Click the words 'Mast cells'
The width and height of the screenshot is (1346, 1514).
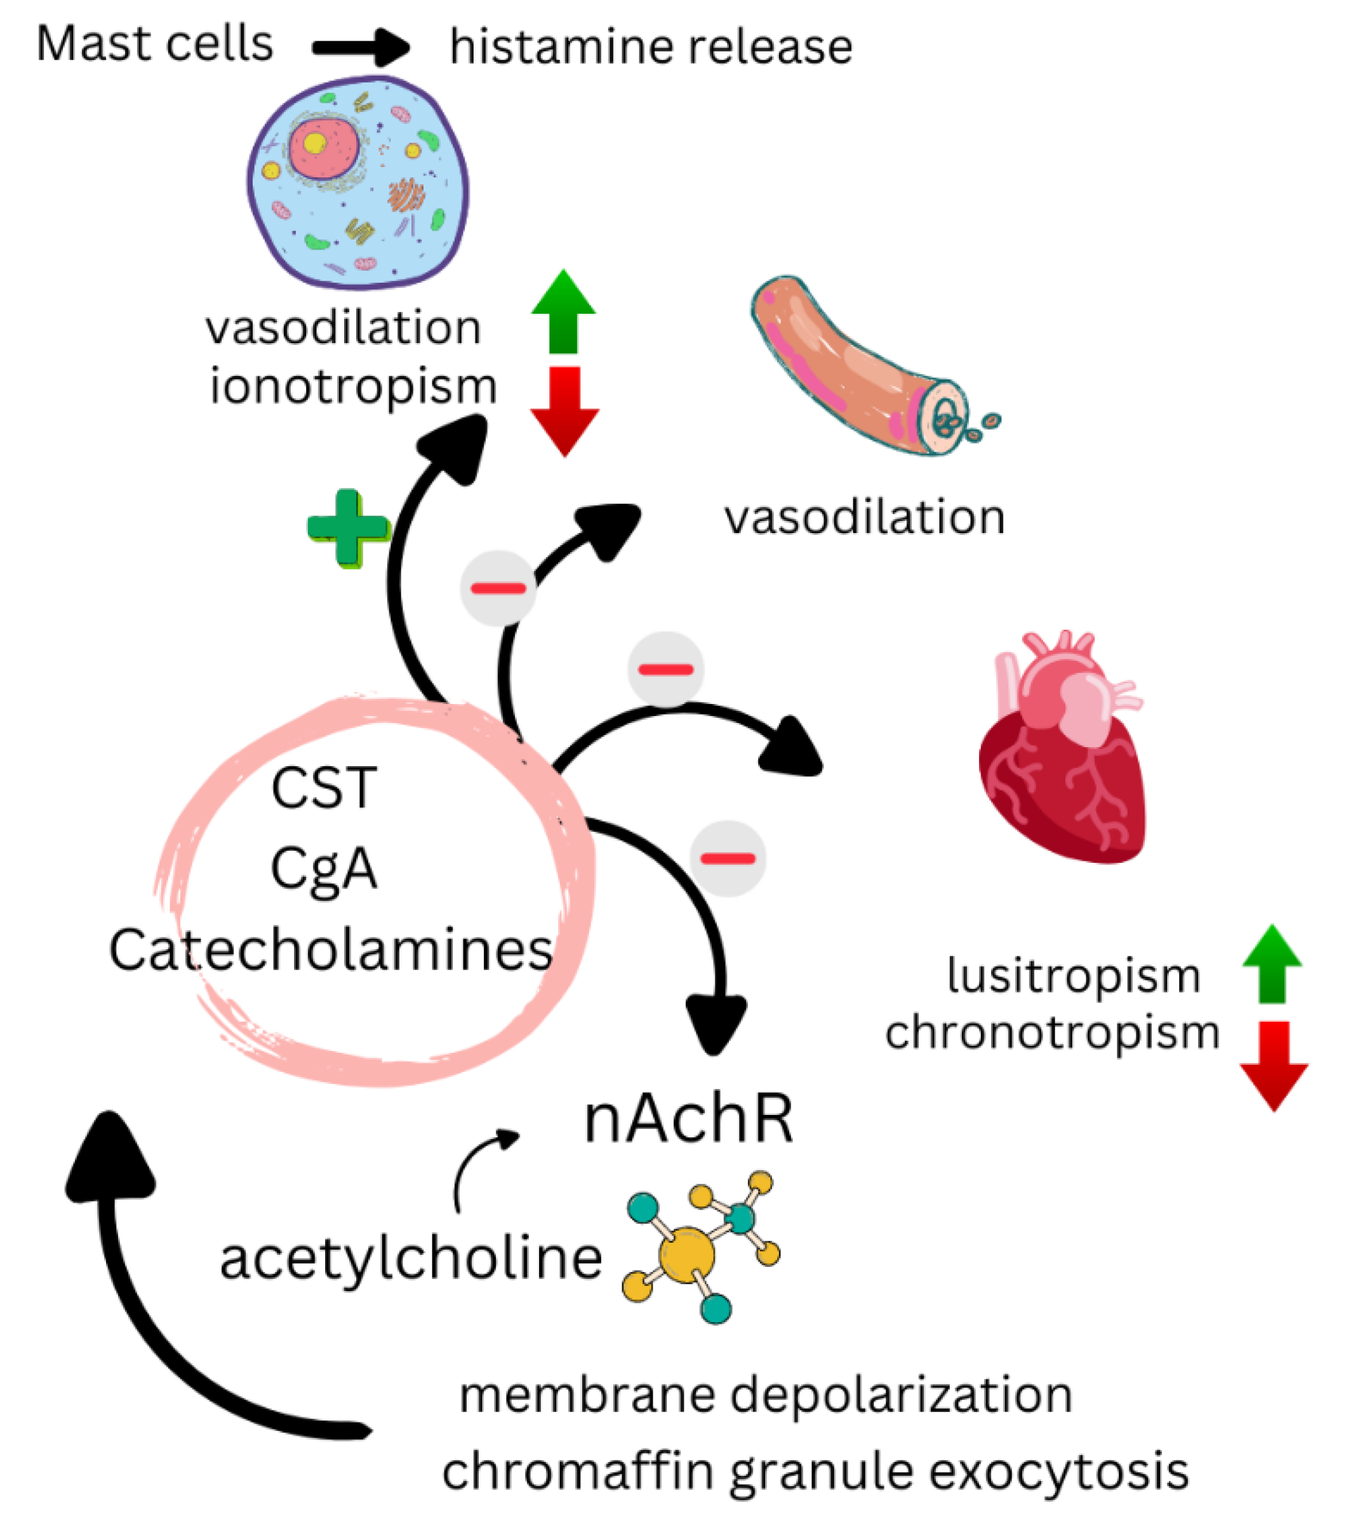[x=154, y=44]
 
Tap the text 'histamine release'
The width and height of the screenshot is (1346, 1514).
[x=651, y=48]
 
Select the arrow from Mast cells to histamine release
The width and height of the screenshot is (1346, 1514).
[x=361, y=48]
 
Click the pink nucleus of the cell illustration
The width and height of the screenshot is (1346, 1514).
[x=324, y=148]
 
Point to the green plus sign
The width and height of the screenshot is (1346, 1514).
[x=348, y=527]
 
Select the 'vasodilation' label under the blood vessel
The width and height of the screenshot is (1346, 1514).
[x=864, y=517]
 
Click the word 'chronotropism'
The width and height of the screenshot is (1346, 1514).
[x=1051, y=1032]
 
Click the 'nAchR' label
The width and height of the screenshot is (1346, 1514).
[x=688, y=1121]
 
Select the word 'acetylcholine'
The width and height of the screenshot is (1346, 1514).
[x=411, y=1259]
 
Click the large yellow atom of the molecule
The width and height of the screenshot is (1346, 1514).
[x=686, y=1255]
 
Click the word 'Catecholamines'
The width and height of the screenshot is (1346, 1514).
[x=330, y=950]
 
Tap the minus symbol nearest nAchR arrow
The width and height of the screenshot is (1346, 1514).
[x=727, y=858]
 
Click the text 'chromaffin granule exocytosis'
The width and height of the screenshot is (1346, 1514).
[x=815, y=1471]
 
